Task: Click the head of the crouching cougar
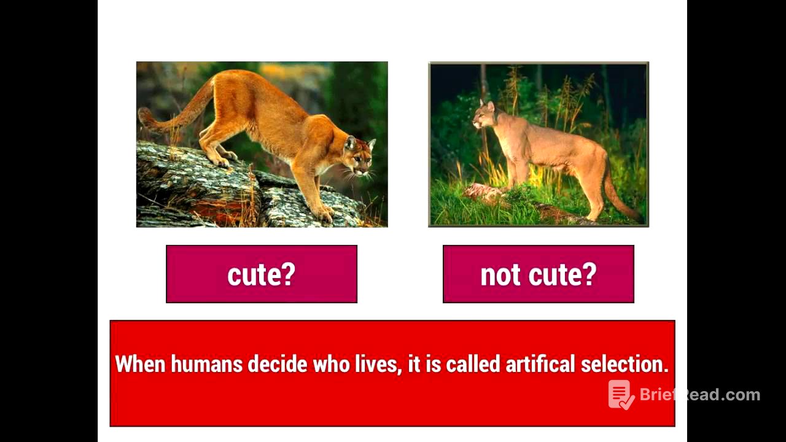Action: (x=359, y=157)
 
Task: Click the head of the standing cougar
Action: (x=484, y=114)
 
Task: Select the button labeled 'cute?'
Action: (x=262, y=274)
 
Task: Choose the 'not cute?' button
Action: (x=538, y=274)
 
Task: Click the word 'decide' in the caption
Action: (x=277, y=364)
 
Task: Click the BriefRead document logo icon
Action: (x=621, y=395)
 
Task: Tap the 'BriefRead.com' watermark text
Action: (x=699, y=395)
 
